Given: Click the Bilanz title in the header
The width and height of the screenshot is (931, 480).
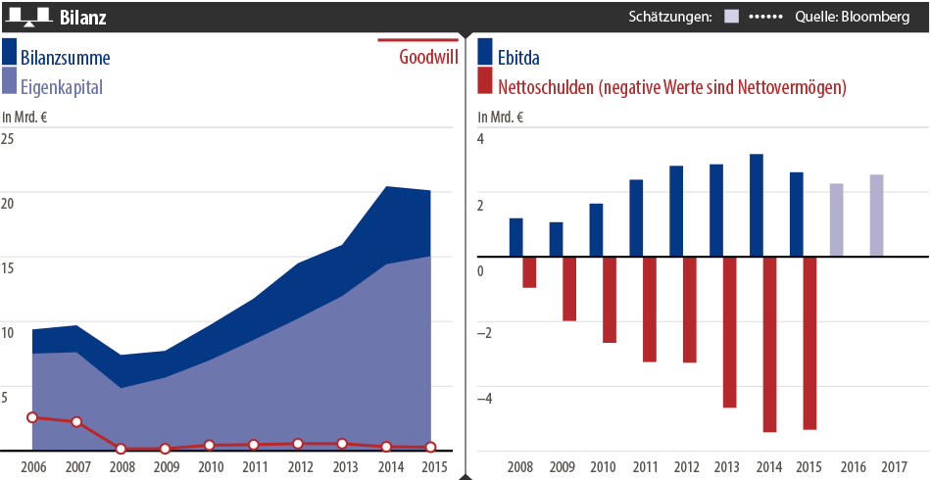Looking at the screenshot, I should [83, 18].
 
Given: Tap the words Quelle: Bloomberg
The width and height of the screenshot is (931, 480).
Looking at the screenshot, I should [856, 18].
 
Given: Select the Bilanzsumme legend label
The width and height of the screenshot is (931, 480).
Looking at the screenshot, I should [65, 58].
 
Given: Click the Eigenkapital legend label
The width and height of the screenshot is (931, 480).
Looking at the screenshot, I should [61, 87].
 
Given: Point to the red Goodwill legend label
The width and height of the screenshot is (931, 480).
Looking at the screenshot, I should [428, 57].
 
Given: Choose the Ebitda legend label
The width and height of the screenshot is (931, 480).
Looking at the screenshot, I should [518, 58].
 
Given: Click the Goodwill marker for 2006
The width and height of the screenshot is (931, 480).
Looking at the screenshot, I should [32, 417].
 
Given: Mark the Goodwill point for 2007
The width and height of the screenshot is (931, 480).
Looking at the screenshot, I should [76, 422].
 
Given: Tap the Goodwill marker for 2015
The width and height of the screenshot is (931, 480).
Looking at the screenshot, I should [430, 448].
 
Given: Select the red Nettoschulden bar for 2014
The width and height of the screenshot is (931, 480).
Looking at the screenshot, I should [770, 344].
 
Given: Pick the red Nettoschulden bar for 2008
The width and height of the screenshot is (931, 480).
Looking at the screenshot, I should [529, 272].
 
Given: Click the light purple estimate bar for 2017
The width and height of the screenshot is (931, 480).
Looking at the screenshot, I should [876, 216].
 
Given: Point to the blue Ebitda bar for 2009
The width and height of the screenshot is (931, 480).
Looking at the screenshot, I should [556, 239].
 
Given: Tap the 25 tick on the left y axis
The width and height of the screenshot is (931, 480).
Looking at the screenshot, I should [8, 139].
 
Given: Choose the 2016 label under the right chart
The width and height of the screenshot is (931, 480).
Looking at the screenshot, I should [854, 466].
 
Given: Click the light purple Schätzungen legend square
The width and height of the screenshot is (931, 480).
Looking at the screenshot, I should [731, 18].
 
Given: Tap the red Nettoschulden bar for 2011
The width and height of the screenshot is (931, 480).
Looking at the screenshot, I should [650, 310].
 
